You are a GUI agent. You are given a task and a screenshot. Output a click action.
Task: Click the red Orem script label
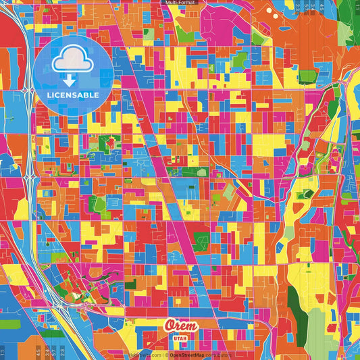pos(181,326)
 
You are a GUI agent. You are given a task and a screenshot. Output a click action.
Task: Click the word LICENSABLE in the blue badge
pos(72,94)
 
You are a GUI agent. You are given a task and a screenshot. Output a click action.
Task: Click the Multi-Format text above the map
pos(180,3)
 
